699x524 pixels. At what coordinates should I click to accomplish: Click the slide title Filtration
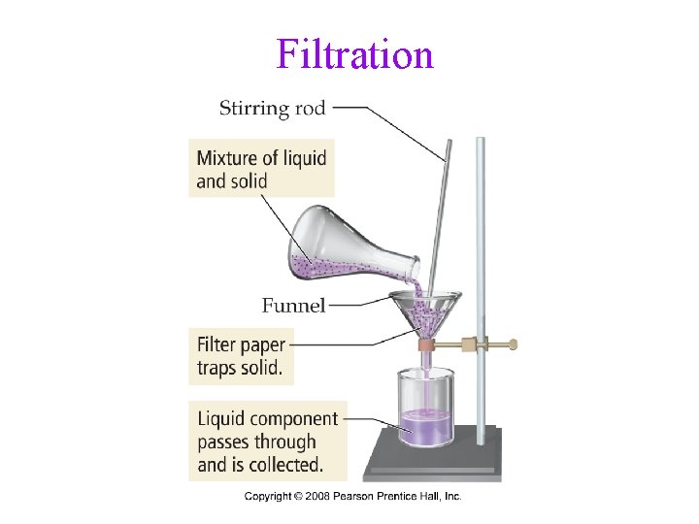tap(354, 54)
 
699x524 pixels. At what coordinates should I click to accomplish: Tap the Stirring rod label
tap(272, 108)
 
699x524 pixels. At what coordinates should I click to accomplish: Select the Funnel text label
tap(293, 306)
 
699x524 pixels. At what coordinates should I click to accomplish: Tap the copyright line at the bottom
tap(352, 497)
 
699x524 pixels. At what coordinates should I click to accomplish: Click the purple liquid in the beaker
tap(425, 427)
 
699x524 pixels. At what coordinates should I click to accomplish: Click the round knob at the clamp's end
tap(514, 344)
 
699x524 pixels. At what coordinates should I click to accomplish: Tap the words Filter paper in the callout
tap(242, 344)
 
